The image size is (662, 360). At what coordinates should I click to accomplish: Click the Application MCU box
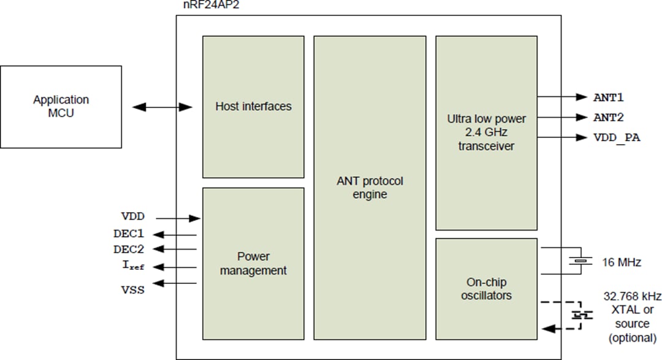(x=61, y=106)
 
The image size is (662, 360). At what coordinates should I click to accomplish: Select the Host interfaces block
(x=253, y=107)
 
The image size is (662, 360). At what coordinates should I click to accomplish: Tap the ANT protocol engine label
(x=370, y=188)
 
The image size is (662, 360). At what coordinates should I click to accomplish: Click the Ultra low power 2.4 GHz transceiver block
(x=486, y=132)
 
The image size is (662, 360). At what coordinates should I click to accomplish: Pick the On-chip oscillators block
(x=486, y=289)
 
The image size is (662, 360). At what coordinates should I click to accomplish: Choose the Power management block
(x=253, y=263)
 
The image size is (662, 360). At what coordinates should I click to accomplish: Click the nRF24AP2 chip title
(x=205, y=5)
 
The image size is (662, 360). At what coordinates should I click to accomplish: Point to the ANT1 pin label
(x=608, y=97)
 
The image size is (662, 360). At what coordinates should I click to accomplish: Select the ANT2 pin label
(x=608, y=117)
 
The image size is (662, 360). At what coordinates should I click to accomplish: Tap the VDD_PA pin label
(x=617, y=138)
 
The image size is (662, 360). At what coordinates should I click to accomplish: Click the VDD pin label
(x=133, y=217)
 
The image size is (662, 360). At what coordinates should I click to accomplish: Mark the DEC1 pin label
(x=129, y=234)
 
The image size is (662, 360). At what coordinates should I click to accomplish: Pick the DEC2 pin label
(x=129, y=249)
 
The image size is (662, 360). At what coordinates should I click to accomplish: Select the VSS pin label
(x=133, y=289)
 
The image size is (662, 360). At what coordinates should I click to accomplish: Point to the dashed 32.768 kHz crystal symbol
(x=579, y=315)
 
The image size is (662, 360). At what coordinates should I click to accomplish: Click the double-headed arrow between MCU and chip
(x=163, y=107)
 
